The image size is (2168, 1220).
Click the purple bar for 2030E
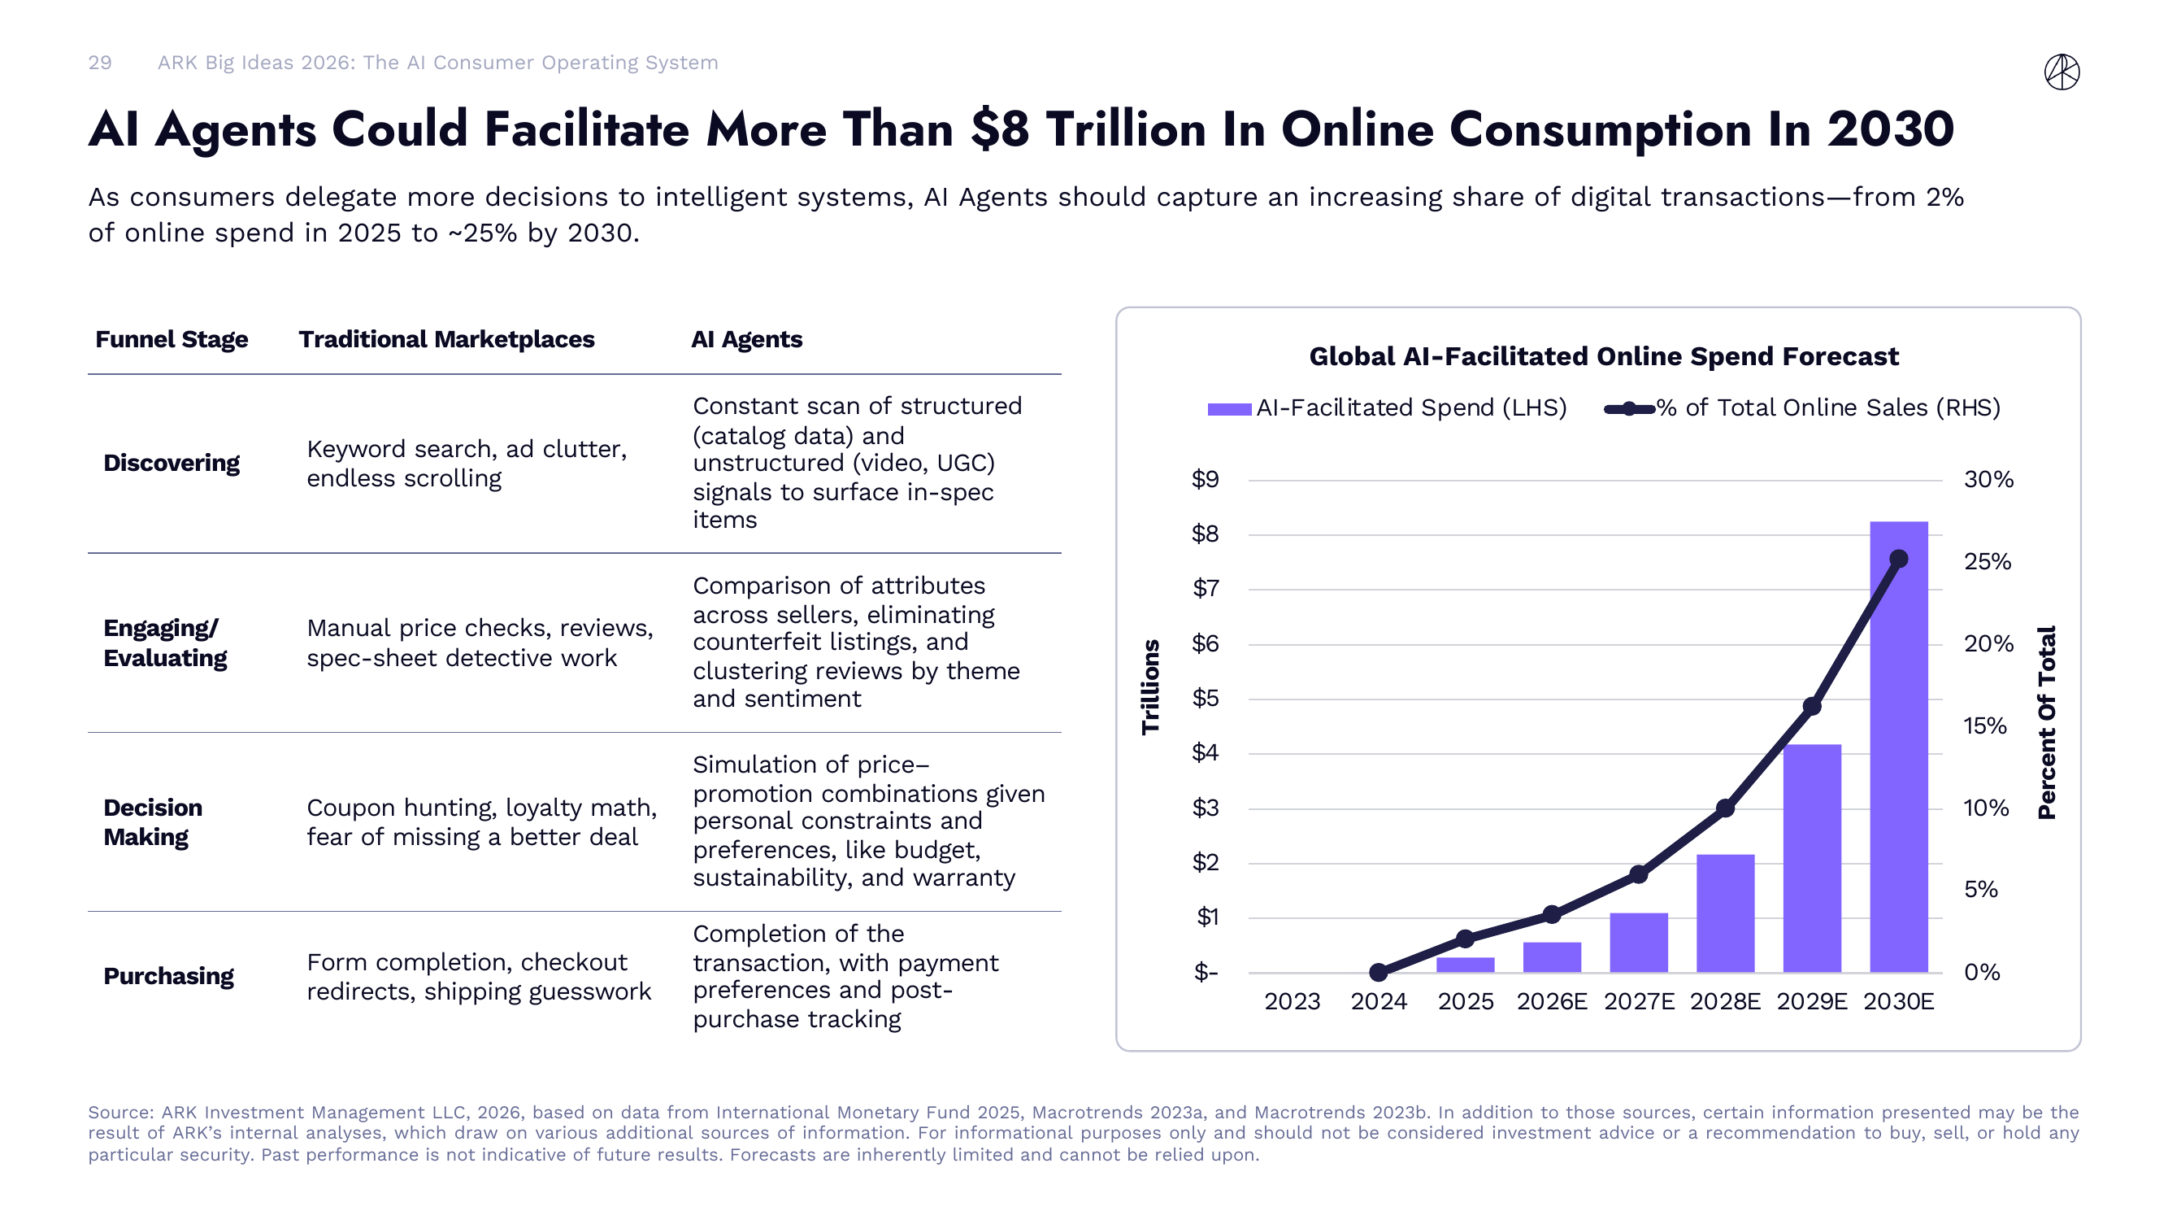pos(1898,749)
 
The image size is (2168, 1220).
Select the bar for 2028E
pos(1724,913)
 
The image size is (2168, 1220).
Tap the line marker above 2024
pos(1378,973)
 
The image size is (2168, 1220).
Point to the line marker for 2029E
pos(1811,707)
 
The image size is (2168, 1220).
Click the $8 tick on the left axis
pos(1205,534)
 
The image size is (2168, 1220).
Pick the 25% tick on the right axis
pos(1987,561)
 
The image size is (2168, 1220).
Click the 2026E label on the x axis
pos(1551,1001)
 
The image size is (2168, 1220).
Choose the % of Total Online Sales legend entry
pos(1801,408)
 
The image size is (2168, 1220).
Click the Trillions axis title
pos(1150,687)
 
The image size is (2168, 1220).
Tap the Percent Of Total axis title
pos(2046,722)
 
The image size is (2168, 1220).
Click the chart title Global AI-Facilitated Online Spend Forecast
pos(1603,356)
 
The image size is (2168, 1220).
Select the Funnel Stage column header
pos(172,339)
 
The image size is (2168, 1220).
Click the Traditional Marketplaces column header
pos(446,339)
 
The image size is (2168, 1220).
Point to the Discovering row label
pos(172,463)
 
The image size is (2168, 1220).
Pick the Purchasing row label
pos(168,976)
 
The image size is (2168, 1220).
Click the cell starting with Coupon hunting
pos(481,821)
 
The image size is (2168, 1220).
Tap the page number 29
pos(99,63)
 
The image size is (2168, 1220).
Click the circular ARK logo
pos(2062,72)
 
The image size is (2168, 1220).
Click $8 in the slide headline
pos(999,130)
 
